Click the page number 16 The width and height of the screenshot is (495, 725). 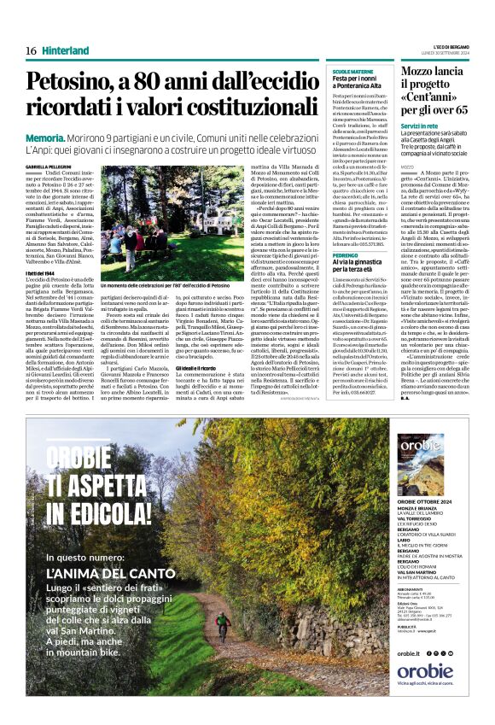30,51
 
